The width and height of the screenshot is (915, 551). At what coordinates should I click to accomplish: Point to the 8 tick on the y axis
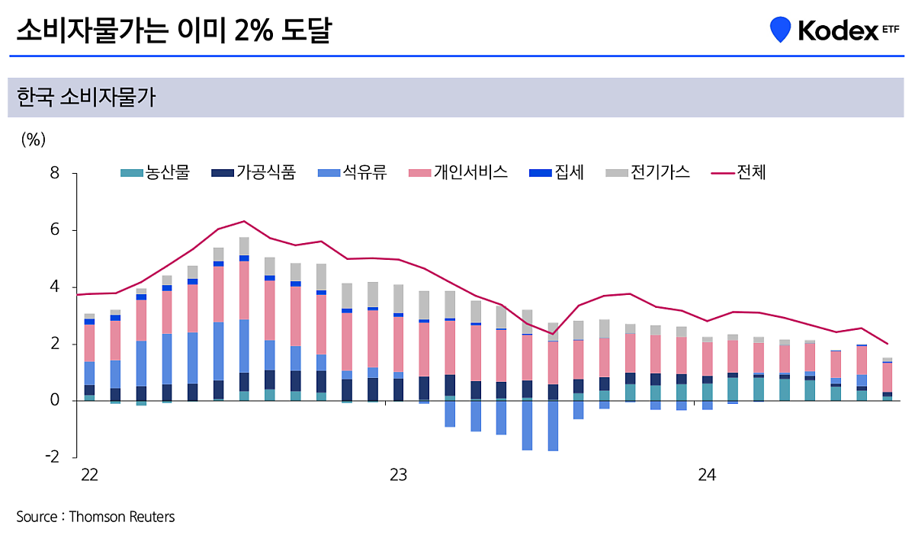pyautogui.click(x=54, y=173)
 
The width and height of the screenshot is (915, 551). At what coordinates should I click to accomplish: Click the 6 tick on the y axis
pyautogui.click(x=54, y=230)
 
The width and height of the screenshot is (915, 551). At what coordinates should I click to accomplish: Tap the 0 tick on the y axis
pyautogui.click(x=54, y=401)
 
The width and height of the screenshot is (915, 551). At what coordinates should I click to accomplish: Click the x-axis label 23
pyautogui.click(x=398, y=475)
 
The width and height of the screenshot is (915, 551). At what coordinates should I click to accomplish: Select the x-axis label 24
pyautogui.click(x=707, y=475)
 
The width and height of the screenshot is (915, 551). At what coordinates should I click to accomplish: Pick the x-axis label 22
pyautogui.click(x=89, y=475)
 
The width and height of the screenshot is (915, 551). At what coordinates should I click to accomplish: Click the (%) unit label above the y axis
pyautogui.click(x=34, y=139)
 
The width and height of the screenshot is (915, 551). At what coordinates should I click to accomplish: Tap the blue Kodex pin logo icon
pyautogui.click(x=780, y=29)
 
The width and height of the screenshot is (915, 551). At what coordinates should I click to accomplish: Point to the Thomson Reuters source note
pyautogui.click(x=95, y=517)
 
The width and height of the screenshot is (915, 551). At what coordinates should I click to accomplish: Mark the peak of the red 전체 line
pyautogui.click(x=244, y=221)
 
